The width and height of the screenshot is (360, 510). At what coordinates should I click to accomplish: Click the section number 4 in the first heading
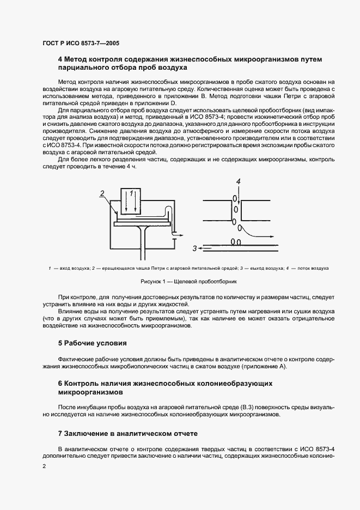tap(60, 59)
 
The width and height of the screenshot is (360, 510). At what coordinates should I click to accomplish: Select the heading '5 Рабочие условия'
tap(92, 343)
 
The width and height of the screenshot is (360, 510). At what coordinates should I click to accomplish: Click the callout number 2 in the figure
tap(101, 193)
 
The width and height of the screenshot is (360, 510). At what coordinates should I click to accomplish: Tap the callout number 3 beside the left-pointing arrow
tap(194, 248)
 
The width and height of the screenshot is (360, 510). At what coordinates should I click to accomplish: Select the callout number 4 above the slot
tap(237, 180)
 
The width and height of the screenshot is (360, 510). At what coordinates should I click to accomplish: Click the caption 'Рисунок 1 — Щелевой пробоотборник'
tap(180, 282)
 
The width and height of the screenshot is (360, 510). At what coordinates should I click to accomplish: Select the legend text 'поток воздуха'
tap(313, 268)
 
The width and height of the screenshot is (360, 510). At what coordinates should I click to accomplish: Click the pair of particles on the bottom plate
tap(237, 241)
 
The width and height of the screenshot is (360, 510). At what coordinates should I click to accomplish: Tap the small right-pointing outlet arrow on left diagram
tap(174, 238)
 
